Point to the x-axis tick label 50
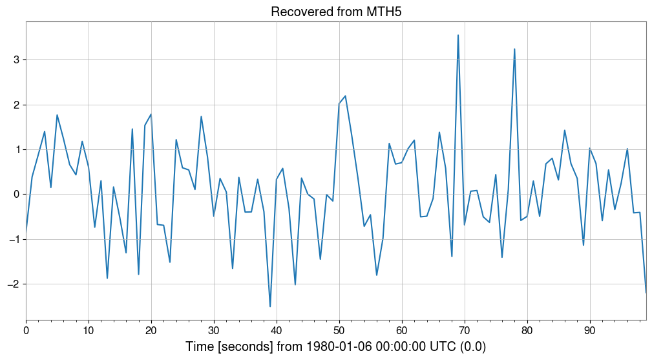pos(339,330)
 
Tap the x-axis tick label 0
pos(26,330)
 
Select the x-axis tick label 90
pos(590,330)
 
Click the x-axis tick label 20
pos(151,330)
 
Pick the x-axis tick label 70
pos(465,330)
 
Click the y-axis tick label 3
pos(16,59)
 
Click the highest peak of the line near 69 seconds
pos(458,36)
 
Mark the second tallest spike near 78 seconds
pos(514,49)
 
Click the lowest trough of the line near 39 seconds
pos(270,306)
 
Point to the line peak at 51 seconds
pos(346,96)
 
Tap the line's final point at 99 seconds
pos(646,292)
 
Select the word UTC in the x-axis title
pos(432,347)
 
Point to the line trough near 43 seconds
pos(295,284)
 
